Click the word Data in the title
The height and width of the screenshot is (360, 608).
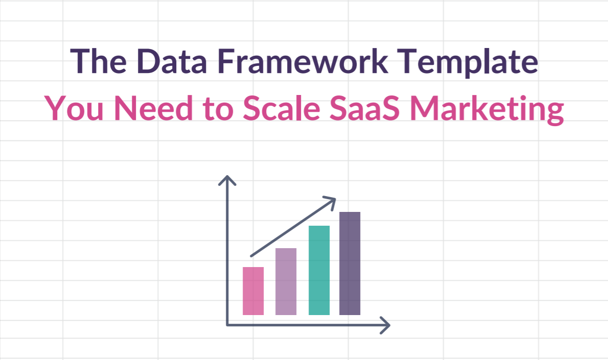172,61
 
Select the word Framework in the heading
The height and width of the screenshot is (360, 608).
302,61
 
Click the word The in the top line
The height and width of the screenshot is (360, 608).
99,61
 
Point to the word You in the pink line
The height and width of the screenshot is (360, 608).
74,108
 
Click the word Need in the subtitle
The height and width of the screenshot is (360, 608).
154,108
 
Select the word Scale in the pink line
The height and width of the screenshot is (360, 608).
281,108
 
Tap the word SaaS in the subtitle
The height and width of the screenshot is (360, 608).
364,108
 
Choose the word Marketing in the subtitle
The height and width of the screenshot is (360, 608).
487,110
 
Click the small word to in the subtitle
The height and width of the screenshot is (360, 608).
218,110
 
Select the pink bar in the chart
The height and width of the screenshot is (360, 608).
253,291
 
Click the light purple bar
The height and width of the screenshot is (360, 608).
286,281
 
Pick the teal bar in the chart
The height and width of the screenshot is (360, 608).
319,270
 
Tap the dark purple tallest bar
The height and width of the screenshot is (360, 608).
350,263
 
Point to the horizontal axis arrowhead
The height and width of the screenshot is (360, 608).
385,325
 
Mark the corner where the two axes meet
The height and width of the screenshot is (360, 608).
227,325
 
